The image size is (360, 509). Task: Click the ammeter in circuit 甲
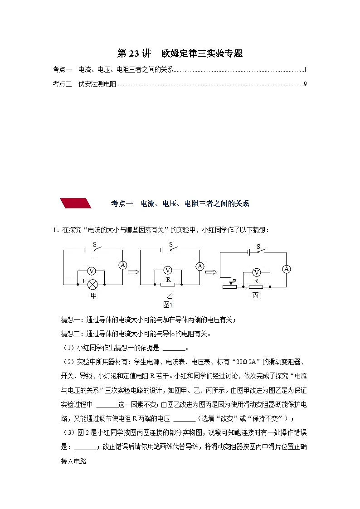[122, 265]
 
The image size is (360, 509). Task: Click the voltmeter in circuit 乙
[168, 271]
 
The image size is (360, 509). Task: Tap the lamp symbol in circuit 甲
[92, 284]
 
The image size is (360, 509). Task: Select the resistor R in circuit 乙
[168, 285]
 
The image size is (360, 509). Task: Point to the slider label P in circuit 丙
[234, 281]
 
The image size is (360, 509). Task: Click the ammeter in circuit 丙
[286, 269]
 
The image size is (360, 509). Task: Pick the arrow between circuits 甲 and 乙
[132, 272]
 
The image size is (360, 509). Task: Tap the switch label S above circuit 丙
[258, 247]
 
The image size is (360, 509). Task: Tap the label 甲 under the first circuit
[93, 296]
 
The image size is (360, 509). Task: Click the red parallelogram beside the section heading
[76, 203]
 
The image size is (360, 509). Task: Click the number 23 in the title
[134, 53]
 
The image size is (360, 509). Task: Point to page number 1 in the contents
[306, 70]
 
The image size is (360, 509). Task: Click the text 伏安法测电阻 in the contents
[97, 84]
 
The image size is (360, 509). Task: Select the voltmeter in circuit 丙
[257, 272]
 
